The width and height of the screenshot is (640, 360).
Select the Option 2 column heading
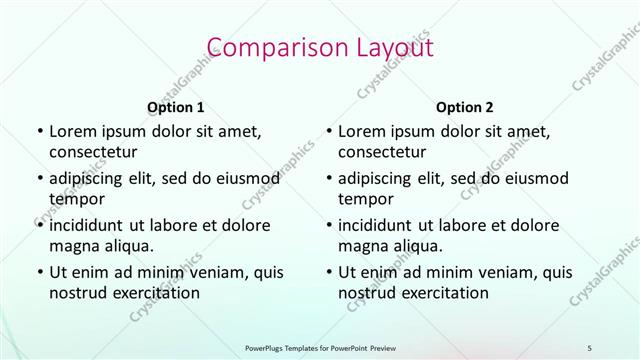tap(464, 107)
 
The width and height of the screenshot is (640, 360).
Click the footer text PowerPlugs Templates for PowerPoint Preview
tap(319, 347)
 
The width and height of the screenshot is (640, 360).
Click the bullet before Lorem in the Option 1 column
tap(39, 131)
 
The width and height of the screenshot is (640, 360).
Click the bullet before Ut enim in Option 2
tap(329, 271)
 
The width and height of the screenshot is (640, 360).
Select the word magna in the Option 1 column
tap(72, 245)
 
